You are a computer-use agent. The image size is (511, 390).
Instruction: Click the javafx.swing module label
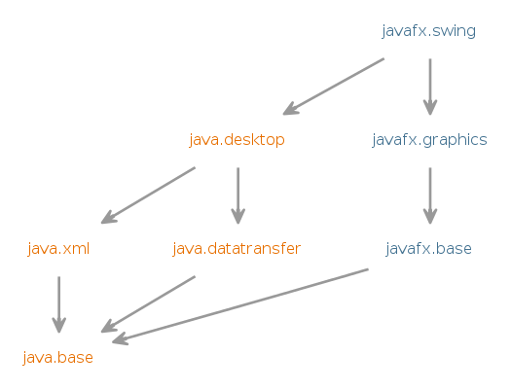(428, 31)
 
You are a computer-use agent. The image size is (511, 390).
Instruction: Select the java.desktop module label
(237, 140)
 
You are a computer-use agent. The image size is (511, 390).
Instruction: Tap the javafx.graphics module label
(429, 140)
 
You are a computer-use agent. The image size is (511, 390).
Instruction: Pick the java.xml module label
(58, 249)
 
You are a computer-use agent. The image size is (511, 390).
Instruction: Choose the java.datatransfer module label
(237, 249)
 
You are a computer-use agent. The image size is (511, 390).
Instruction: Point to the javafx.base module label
(429, 249)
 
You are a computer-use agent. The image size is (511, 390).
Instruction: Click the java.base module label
(58, 358)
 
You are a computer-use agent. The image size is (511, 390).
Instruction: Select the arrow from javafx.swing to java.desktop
(334, 87)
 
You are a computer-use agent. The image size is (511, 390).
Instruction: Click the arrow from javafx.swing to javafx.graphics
(430, 87)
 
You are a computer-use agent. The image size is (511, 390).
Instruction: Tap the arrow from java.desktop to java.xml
(148, 195)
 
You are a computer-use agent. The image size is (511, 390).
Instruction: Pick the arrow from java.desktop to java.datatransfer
(238, 196)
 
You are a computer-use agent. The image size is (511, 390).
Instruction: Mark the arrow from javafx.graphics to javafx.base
(430, 196)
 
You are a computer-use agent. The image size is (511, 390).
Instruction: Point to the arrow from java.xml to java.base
(59, 304)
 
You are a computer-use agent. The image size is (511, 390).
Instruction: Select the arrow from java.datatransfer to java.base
(148, 304)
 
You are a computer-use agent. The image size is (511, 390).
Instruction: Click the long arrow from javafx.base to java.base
(239, 306)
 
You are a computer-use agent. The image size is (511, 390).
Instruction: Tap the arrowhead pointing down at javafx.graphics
(430, 108)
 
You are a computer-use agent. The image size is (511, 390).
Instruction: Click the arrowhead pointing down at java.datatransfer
(238, 217)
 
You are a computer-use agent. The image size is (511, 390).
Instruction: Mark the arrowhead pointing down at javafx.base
(430, 217)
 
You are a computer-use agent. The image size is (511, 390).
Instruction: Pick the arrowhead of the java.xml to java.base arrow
(59, 326)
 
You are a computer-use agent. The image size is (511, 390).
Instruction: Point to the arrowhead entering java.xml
(108, 218)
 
